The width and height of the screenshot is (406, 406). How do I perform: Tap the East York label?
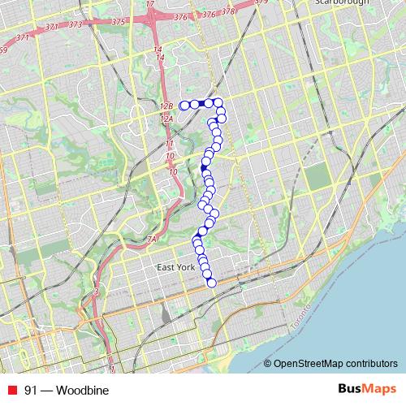tap(177, 267)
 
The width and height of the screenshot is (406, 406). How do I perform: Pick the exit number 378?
tap(228, 12)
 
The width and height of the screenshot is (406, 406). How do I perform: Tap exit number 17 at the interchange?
tap(149, 4)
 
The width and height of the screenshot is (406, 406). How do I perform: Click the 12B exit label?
tap(167, 106)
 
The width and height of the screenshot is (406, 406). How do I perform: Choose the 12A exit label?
tap(168, 119)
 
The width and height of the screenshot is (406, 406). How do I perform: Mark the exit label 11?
tap(170, 143)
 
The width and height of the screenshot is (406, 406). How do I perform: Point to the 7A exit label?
tap(151, 239)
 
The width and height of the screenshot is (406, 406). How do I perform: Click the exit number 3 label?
tap(97, 292)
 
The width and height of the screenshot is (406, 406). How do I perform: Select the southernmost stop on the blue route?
tap(212, 283)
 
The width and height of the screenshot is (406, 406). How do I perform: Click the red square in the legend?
tap(13, 390)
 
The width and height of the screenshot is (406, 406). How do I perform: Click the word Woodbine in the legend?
tap(82, 390)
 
